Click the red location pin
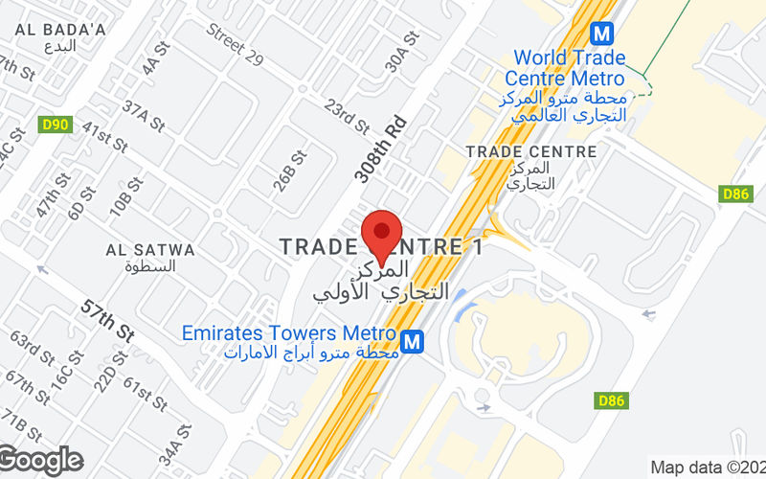381,233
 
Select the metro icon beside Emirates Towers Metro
413,340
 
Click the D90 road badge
56,124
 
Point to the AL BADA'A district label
60,30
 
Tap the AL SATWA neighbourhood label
150,250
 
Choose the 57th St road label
108,318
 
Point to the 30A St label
403,52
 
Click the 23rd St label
347,115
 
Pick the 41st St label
104,136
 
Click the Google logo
40,461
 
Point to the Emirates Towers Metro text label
289,333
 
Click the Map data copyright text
707,468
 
